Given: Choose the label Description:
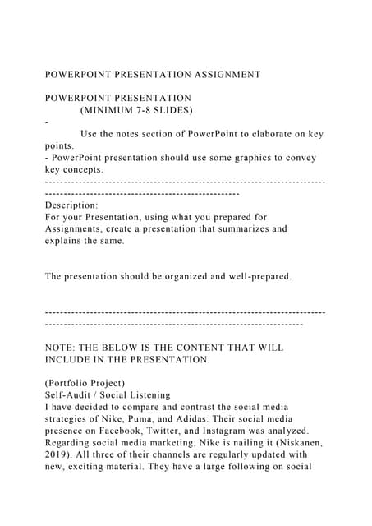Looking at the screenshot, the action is click(71, 205).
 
